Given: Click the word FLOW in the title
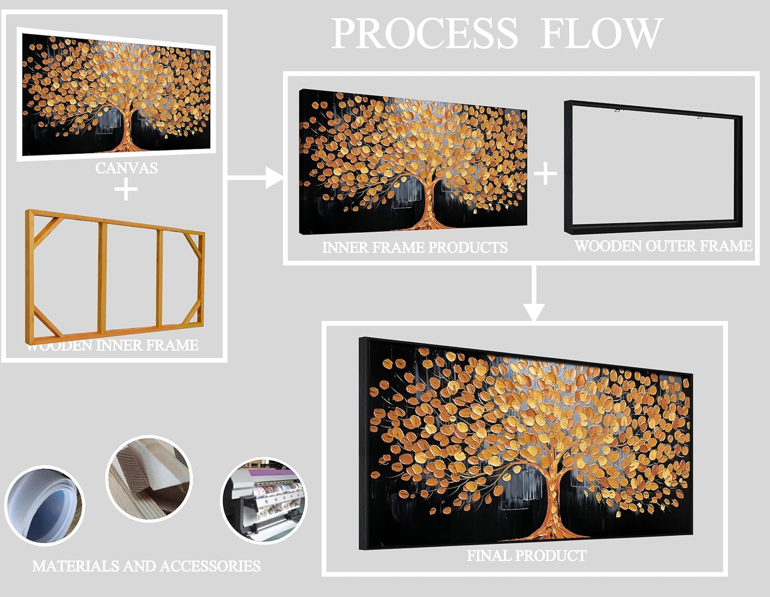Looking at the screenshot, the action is [x=601, y=34].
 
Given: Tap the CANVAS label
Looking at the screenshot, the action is [x=126, y=168].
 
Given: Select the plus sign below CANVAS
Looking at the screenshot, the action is [x=126, y=190].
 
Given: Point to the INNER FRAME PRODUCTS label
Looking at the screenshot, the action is [x=415, y=247].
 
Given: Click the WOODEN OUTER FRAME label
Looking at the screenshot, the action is [x=663, y=246].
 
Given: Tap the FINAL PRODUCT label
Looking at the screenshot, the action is [x=527, y=555].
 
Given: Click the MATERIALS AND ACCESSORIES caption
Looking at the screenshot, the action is [x=146, y=566].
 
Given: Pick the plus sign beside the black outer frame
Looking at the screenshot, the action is [x=545, y=174].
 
